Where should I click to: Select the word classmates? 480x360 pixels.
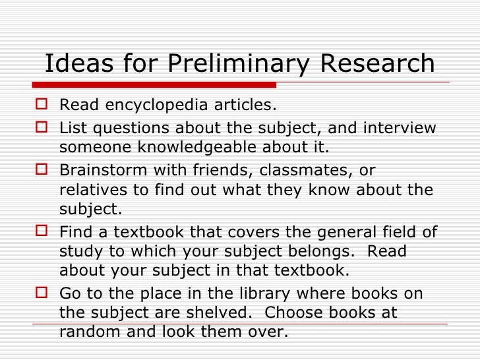[x=297, y=169]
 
